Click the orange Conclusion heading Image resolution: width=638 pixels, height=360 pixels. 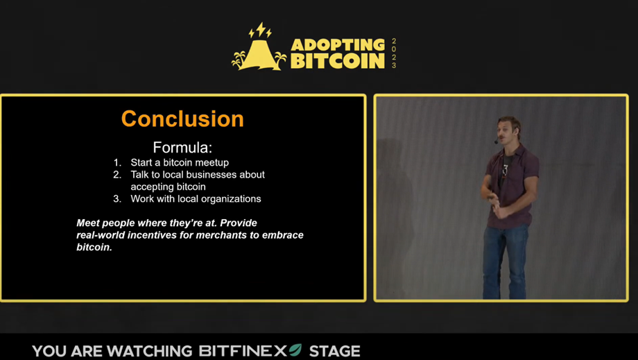[x=182, y=119]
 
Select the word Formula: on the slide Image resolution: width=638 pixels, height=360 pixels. [x=182, y=147]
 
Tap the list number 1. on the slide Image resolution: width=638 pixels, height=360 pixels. [x=117, y=163]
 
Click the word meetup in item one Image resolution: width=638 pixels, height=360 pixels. [x=212, y=163]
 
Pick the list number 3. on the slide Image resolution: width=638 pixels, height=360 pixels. [x=117, y=199]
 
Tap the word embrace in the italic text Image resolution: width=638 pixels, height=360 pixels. [x=285, y=235]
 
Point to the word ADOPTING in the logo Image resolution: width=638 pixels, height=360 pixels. [x=338, y=45]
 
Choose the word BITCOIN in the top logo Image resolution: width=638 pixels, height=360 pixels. [x=338, y=61]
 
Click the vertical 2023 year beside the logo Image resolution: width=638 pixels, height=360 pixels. [x=393, y=53]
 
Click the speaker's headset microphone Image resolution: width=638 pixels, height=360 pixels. [x=496, y=142]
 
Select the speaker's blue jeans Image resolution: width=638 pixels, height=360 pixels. [x=505, y=261]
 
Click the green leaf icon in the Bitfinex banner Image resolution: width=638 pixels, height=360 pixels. [x=295, y=350]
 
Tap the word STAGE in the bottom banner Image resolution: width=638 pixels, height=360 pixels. [x=334, y=351]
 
